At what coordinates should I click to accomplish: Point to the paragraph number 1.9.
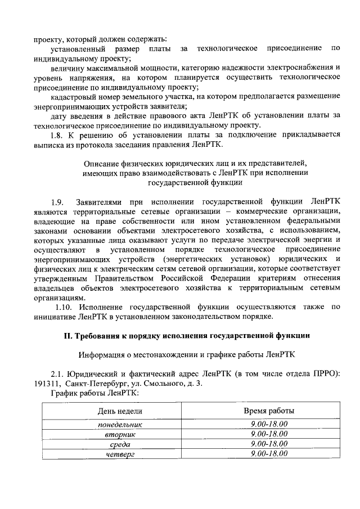(x=58, y=201)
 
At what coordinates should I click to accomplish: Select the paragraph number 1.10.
(x=64, y=307)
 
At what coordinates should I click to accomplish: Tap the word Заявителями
(x=100, y=201)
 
